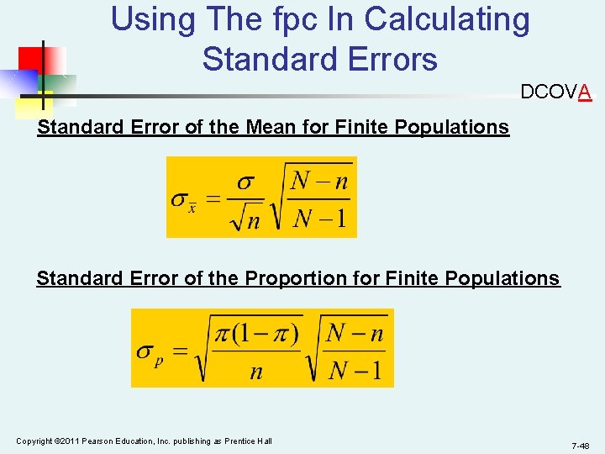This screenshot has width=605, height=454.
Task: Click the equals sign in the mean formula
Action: pyautogui.click(x=214, y=199)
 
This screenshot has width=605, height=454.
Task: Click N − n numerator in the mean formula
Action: pyautogui.click(x=318, y=181)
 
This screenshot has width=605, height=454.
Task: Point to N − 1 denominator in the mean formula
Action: pyautogui.click(x=318, y=220)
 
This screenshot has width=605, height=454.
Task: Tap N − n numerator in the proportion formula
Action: pyautogui.click(x=354, y=333)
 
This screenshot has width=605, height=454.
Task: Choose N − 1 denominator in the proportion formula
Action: pyautogui.click(x=354, y=371)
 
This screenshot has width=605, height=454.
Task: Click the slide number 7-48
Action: pyautogui.click(x=580, y=445)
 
